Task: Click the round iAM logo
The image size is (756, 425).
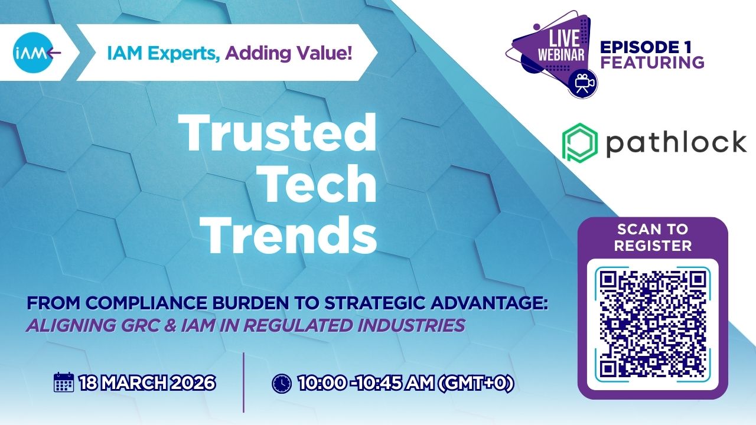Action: pyautogui.click(x=33, y=53)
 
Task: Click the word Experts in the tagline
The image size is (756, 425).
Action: pyautogui.click(x=184, y=53)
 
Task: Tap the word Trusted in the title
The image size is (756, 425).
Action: pyautogui.click(x=278, y=133)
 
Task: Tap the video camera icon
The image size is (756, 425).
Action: pyautogui.click(x=582, y=83)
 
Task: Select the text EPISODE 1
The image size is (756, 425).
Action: pyautogui.click(x=646, y=47)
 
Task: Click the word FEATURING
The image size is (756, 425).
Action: pyautogui.click(x=653, y=63)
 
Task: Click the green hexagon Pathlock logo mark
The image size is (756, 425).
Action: pyautogui.click(x=580, y=143)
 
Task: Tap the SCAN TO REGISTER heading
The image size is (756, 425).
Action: pyautogui.click(x=653, y=237)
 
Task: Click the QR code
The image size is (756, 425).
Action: pyautogui.click(x=653, y=325)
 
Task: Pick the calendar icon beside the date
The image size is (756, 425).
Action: pyautogui.click(x=64, y=382)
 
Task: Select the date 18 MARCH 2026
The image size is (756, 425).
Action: pyautogui.click(x=147, y=383)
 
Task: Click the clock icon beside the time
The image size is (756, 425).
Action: pyautogui.click(x=282, y=383)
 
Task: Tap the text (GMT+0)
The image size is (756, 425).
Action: pyautogui.click(x=476, y=383)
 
